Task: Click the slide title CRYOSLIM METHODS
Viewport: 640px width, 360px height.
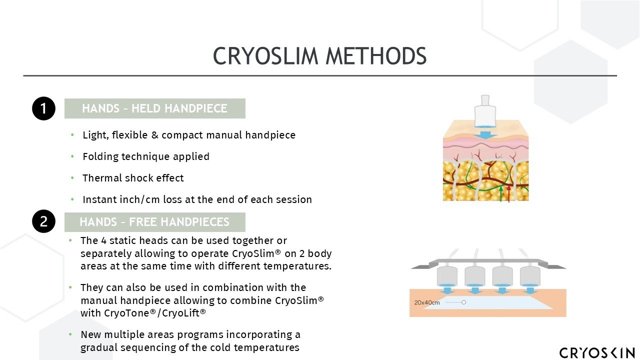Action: pos(319,56)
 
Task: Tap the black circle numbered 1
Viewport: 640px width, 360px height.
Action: pos(43,108)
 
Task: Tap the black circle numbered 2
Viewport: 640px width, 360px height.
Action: pos(43,222)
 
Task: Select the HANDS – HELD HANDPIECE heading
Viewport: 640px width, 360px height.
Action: pos(154,108)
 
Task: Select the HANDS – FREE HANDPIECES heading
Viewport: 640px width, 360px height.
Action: pos(154,222)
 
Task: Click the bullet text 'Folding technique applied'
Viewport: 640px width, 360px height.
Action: pos(146,156)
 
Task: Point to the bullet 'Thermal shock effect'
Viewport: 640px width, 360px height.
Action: pos(133,178)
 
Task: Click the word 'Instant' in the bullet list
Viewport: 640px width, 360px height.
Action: pos(98,199)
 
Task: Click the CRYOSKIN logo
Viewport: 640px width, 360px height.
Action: pos(597,352)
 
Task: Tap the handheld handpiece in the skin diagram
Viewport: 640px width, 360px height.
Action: pos(484,112)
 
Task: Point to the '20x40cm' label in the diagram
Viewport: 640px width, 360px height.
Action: pos(427,302)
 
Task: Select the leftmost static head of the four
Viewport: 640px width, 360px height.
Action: pos(447,276)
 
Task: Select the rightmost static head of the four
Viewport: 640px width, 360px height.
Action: pos(530,276)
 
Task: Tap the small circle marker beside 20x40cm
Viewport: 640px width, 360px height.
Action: pos(464,302)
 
